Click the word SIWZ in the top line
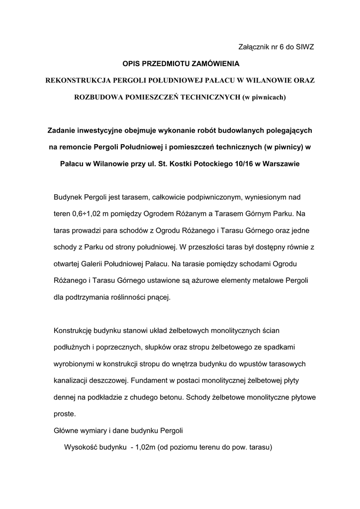tap(304, 47)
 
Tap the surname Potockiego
tap(208, 164)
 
